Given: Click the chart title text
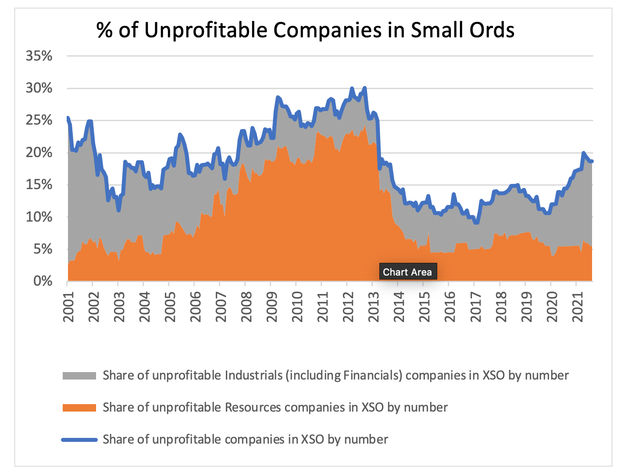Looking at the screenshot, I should pyautogui.click(x=305, y=30).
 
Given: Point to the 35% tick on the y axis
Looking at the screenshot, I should pyautogui.click(x=39, y=56).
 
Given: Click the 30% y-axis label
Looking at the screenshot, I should pyautogui.click(x=39, y=88).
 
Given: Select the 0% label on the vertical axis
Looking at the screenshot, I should pyautogui.click(x=43, y=281).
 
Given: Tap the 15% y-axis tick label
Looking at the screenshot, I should pyautogui.click(x=39, y=185).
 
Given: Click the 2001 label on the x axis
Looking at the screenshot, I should pyautogui.click(x=68, y=306).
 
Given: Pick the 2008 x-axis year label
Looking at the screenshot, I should pyautogui.click(x=246, y=306).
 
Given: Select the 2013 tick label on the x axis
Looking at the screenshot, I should pyautogui.click(x=373, y=306).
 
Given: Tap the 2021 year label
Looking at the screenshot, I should pyautogui.click(x=577, y=306).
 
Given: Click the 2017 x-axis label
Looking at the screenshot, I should pyautogui.click(x=475, y=306).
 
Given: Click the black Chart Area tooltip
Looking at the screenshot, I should pyautogui.click(x=407, y=272).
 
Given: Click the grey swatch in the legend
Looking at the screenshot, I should pyautogui.click(x=79, y=376).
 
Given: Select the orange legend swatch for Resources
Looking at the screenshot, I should pyautogui.click(x=79, y=408).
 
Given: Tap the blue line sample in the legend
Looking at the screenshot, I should pyautogui.click(x=79, y=440).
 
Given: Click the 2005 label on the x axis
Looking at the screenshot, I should pyautogui.click(x=170, y=306).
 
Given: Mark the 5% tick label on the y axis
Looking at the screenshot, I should pyautogui.click(x=43, y=249).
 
